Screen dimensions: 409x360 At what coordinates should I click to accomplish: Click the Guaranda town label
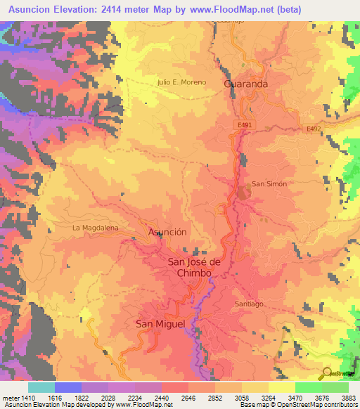245,83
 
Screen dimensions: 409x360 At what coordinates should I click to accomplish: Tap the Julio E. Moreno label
181,82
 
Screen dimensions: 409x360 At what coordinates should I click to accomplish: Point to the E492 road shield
315,129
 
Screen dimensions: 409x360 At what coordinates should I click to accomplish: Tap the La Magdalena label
96,228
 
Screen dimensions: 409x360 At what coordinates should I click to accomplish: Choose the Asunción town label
167,231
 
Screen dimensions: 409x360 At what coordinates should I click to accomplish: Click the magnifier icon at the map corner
327,372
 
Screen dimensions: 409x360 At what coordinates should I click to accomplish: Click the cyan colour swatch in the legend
41,387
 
